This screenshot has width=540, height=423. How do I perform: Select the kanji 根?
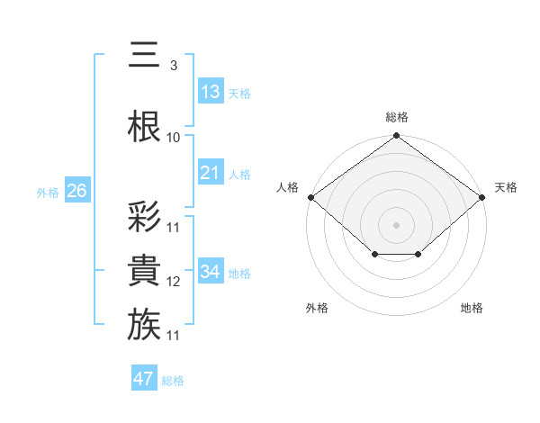[144, 126]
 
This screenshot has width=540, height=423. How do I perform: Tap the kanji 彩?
[144, 216]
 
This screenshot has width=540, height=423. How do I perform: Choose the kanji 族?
[144, 324]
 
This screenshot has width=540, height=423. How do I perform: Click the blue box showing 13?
[211, 92]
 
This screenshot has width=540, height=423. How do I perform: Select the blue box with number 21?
[211, 173]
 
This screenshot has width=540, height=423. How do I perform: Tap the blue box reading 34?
[211, 272]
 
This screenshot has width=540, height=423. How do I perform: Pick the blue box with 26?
[76, 191]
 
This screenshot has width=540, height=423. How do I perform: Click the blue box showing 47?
[144, 379]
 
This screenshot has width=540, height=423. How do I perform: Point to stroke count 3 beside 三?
[173, 65]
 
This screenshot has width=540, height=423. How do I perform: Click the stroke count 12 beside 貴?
[174, 282]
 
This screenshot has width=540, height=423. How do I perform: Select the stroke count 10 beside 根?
[174, 137]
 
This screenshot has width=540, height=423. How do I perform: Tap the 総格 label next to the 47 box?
[173, 381]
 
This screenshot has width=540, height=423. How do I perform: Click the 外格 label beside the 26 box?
[48, 192]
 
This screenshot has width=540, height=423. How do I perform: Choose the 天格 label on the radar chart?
[506, 187]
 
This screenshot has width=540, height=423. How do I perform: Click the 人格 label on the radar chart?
[286, 187]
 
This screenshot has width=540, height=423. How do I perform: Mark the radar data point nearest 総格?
[396, 136]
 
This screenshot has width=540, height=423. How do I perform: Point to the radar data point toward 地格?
[418, 256]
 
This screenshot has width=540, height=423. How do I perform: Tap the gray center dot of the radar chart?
[396, 224]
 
